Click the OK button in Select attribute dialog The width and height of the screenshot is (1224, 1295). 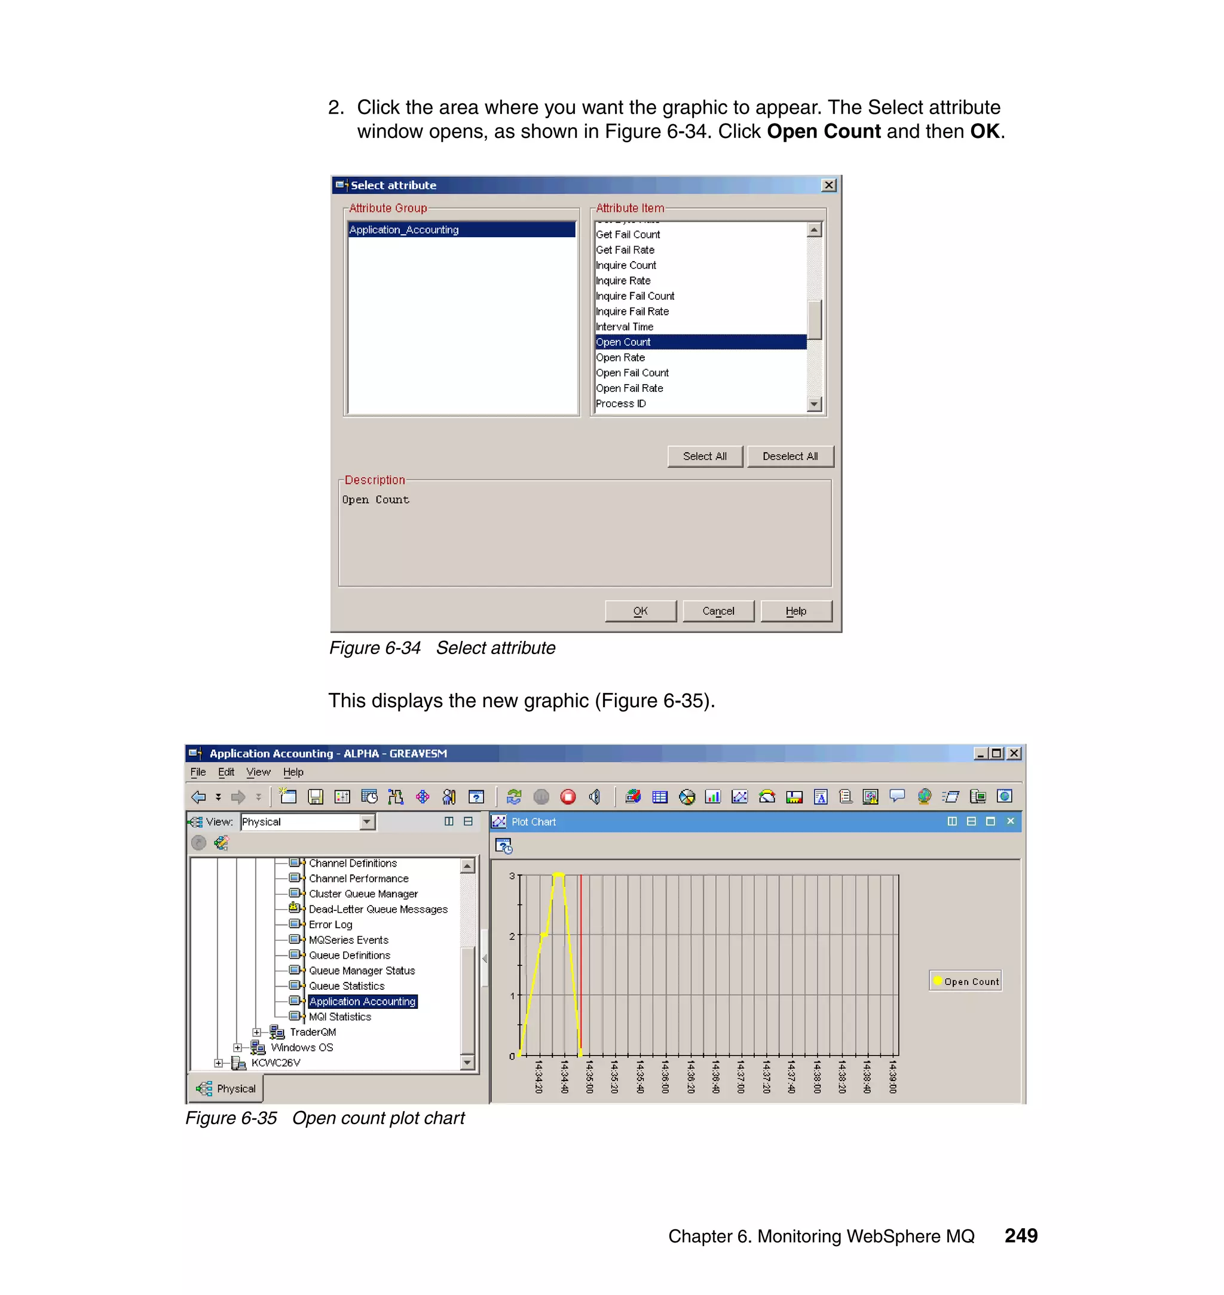click(640, 611)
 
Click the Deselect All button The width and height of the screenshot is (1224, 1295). click(790, 456)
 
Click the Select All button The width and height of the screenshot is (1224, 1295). click(705, 456)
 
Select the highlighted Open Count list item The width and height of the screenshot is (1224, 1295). click(624, 342)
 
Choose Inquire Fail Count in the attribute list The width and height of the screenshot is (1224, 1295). click(635, 296)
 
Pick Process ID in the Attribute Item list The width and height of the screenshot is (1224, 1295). click(620, 404)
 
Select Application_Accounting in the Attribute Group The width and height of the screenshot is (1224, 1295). click(404, 229)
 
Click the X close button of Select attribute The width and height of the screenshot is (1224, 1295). click(828, 185)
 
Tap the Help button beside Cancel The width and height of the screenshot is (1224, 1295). click(795, 611)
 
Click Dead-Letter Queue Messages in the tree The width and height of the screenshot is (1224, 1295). click(378, 909)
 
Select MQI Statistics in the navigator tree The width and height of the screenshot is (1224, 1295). click(339, 1017)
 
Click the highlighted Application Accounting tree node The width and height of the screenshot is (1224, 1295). click(362, 1002)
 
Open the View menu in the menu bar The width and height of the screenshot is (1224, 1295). click(258, 772)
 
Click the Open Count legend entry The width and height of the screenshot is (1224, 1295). click(966, 981)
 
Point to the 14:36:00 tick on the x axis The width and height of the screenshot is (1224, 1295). click(665, 1076)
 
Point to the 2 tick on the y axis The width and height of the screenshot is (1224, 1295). click(512, 936)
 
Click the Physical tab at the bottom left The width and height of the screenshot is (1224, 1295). click(227, 1088)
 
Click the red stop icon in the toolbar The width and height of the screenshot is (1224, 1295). click(568, 797)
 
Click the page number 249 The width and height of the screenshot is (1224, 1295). click(1020, 1236)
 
